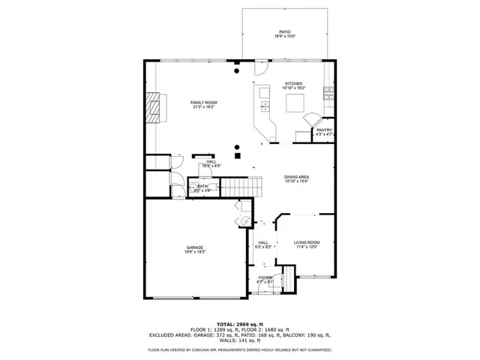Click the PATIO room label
click(286, 31)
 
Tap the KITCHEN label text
click(293, 83)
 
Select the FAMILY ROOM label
click(202, 102)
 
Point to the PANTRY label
click(324, 130)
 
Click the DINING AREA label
click(297, 177)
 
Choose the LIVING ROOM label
click(307, 242)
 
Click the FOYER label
click(265, 277)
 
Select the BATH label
click(203, 186)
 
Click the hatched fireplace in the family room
click(153, 106)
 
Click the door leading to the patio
click(259, 67)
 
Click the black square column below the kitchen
click(238, 157)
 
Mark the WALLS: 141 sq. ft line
click(240, 340)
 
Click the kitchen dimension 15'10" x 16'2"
click(293, 88)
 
